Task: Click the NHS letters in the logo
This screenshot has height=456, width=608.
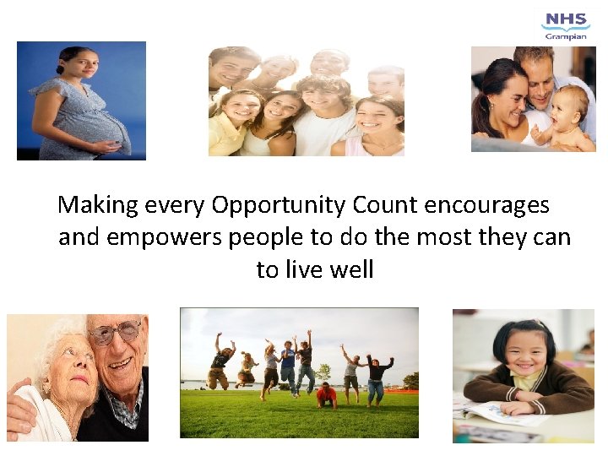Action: tap(566, 19)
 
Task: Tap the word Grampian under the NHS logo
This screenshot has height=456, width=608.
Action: tap(567, 36)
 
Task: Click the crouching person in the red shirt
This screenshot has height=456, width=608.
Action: tap(326, 394)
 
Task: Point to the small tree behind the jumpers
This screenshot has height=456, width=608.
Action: tap(323, 372)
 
